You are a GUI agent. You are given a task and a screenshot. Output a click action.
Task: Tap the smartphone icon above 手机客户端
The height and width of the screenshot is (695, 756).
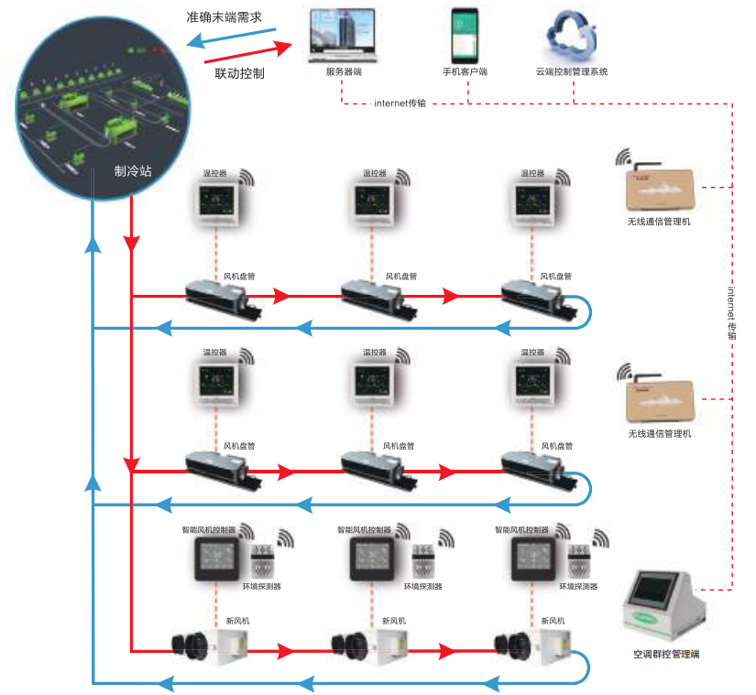coord(465,34)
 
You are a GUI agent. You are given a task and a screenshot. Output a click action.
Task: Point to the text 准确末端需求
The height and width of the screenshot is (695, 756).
coord(225,16)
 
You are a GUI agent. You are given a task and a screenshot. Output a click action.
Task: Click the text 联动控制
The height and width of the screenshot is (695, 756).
coord(239,72)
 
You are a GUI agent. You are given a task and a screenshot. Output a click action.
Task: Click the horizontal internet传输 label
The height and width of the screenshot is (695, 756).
coord(400,103)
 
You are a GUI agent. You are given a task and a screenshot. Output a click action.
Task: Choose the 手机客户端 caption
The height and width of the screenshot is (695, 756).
coord(465,72)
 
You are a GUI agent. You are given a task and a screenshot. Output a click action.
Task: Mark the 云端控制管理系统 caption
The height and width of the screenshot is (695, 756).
coord(572,72)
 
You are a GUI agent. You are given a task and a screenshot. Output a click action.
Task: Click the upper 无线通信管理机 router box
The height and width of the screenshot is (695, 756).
coord(659,188)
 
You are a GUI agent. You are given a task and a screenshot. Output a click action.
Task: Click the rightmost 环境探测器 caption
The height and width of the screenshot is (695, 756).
coord(575,586)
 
